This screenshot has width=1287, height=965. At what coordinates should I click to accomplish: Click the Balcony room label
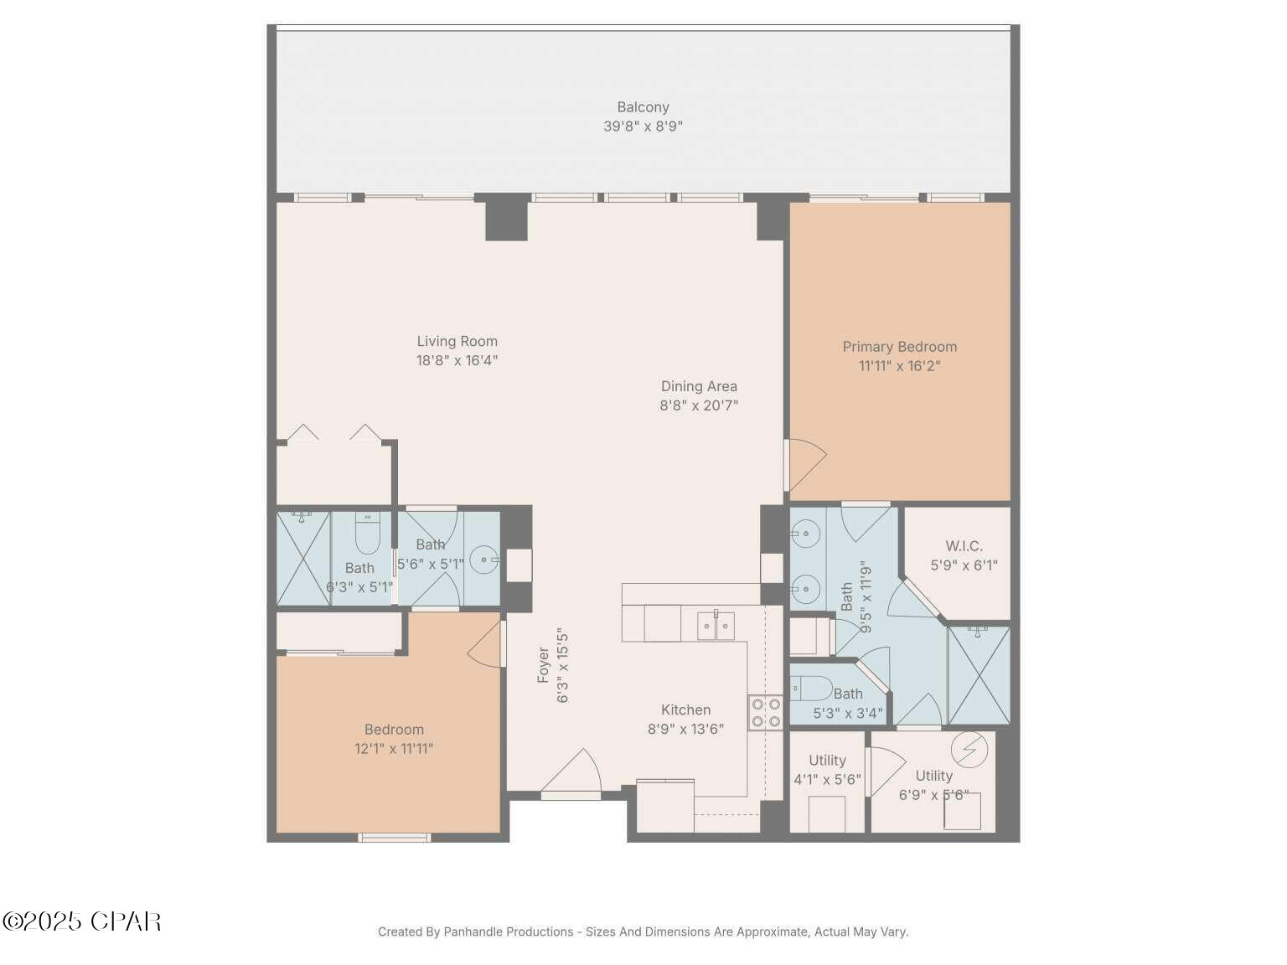643,107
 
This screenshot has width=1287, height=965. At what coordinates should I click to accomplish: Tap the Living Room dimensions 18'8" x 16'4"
457,361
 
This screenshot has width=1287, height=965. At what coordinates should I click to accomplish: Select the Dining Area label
699,386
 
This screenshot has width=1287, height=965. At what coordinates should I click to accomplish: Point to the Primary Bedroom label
899,347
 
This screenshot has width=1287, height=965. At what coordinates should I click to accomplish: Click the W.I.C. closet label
964,546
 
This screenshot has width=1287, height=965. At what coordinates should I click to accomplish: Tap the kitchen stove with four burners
766,712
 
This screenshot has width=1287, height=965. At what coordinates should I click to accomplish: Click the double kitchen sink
716,626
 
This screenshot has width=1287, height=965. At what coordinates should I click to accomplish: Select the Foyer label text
544,664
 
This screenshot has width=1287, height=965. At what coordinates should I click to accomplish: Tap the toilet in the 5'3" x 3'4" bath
809,689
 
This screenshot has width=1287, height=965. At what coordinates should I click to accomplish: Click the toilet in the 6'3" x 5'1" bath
368,534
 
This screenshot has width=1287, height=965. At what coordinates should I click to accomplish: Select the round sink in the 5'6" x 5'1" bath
483,559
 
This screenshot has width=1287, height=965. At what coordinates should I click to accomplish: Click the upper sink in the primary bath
805,531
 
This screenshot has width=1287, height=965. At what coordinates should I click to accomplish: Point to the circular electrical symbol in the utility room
969,749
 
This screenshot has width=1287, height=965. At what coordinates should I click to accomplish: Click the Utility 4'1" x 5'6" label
827,770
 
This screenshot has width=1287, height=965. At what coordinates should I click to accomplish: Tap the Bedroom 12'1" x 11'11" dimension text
394,749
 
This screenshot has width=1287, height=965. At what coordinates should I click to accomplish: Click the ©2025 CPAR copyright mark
81,921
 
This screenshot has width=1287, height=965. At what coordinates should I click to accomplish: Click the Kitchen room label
685,710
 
